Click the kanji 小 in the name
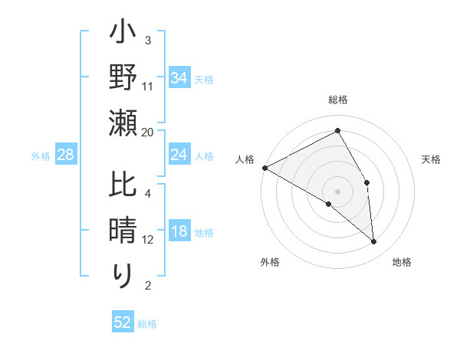click(123, 35)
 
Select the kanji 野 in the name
click(123, 79)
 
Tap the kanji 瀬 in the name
click(123, 123)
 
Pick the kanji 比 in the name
click(123, 186)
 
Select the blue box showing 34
click(179, 77)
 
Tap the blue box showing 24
click(179, 155)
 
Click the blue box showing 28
click(65, 155)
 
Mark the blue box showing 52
click(123, 322)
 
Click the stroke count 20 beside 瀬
click(148, 132)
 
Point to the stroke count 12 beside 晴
click(148, 240)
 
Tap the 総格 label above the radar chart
click(338, 100)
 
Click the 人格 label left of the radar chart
click(245, 159)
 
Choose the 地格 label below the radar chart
click(402, 262)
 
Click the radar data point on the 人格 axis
click(264, 168)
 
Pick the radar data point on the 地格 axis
click(374, 241)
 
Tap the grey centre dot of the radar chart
click(338, 191)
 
